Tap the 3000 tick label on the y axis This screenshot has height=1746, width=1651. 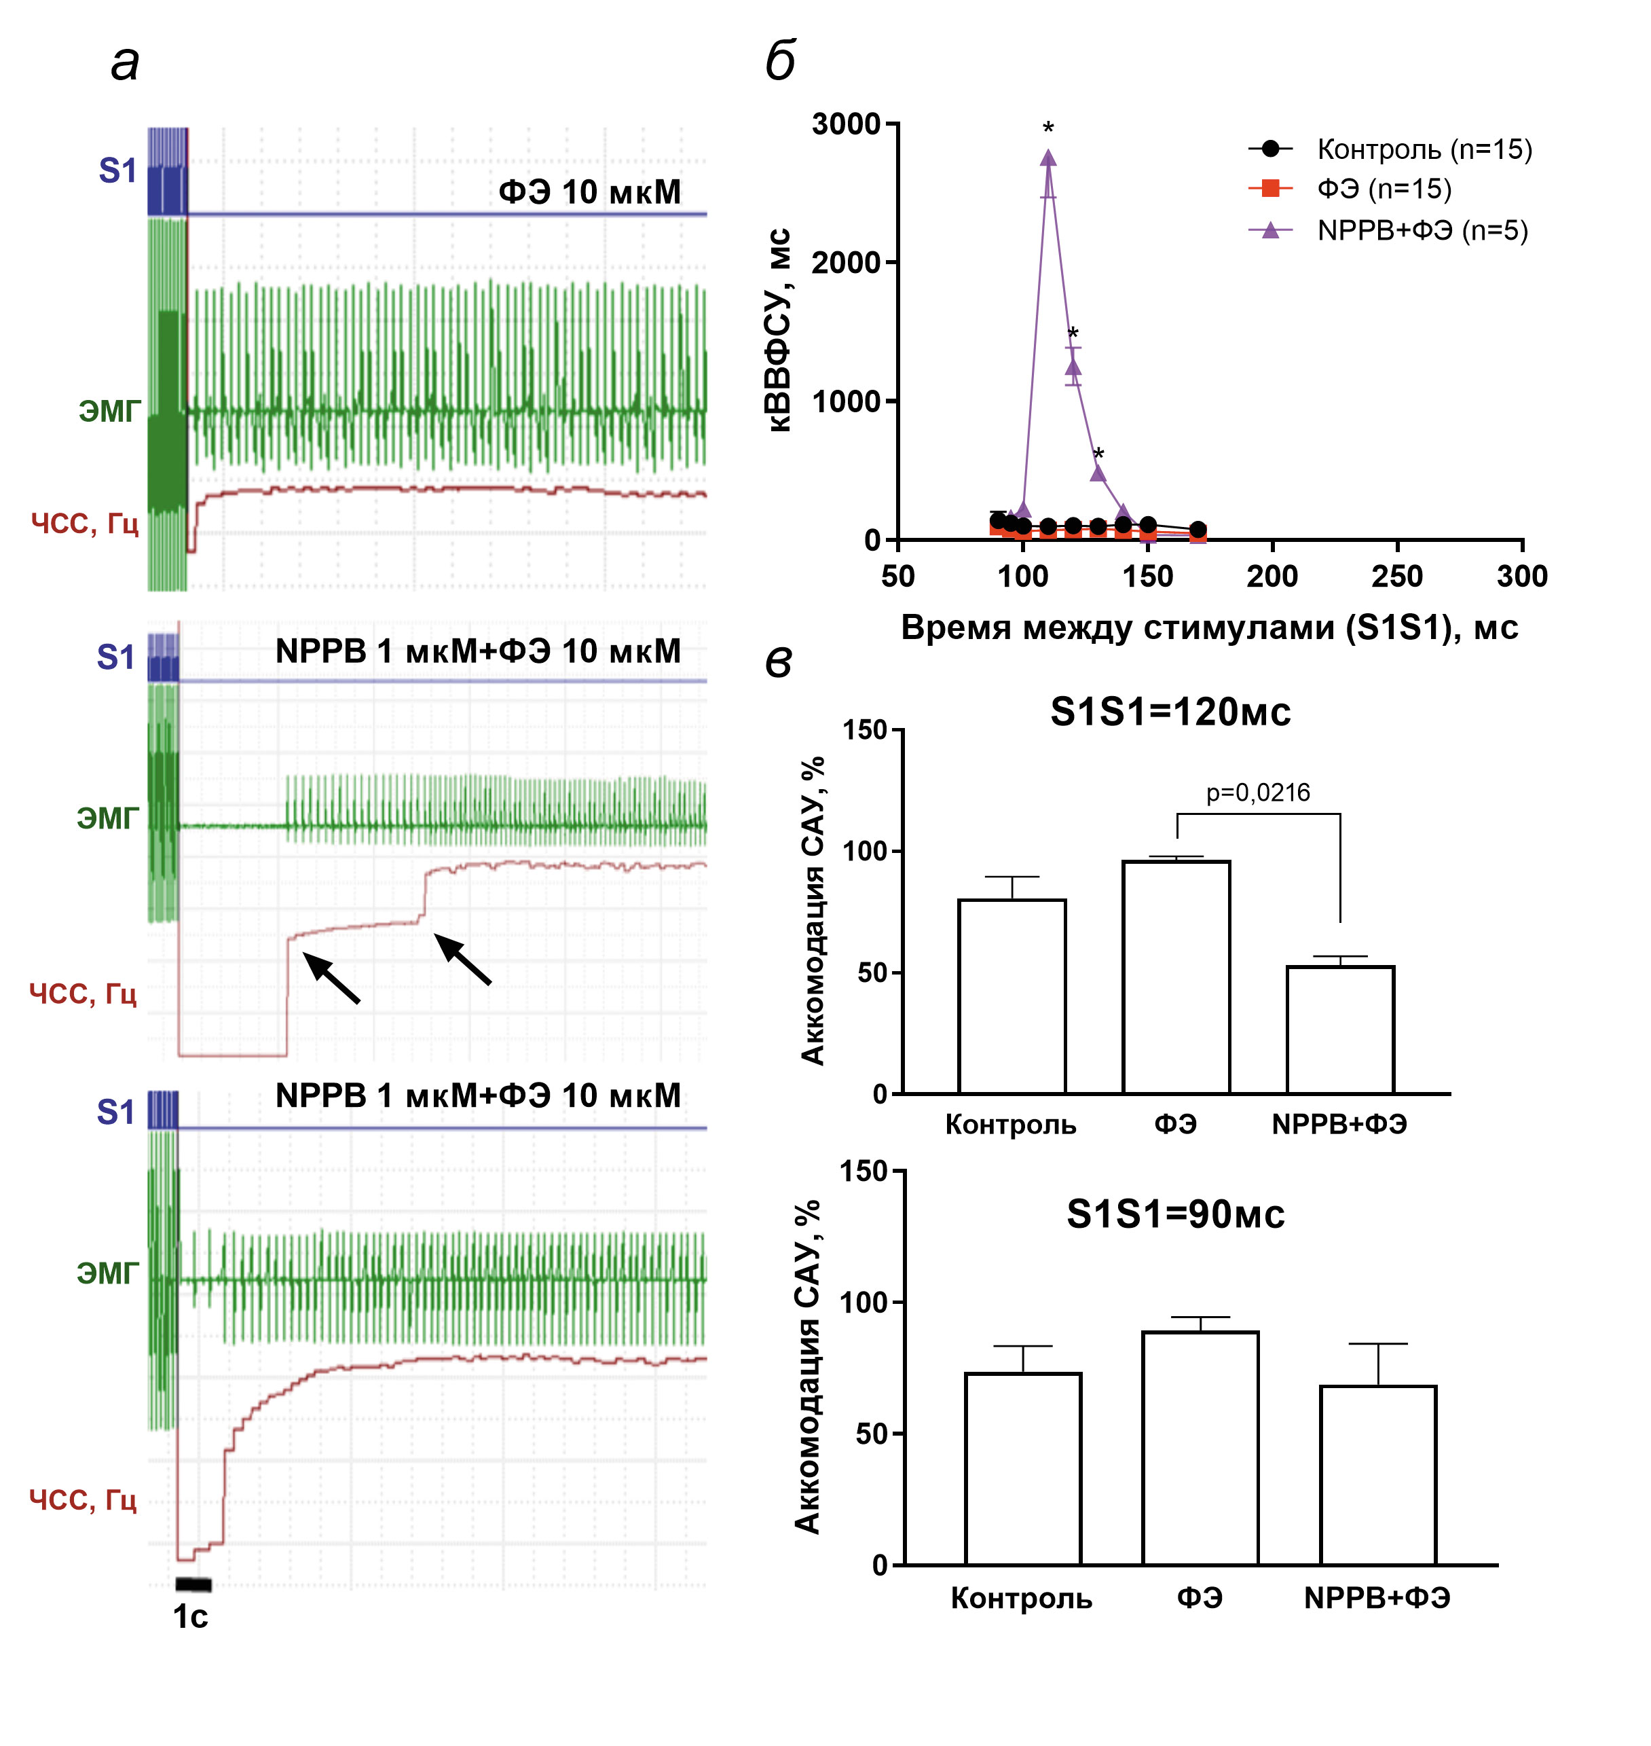[x=846, y=124]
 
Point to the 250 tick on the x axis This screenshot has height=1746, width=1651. [x=1396, y=577]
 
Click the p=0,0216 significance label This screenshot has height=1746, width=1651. [x=1258, y=793]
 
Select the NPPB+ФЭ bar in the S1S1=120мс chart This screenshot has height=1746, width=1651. [x=1339, y=1030]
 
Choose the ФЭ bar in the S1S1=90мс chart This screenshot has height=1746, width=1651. [x=1200, y=1449]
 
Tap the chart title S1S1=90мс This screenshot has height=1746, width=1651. [x=1175, y=1215]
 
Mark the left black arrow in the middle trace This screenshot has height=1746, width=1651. [x=332, y=978]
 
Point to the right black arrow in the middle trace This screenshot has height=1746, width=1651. [x=463, y=960]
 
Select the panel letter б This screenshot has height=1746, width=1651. [x=781, y=62]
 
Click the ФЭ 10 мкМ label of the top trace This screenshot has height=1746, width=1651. [x=590, y=192]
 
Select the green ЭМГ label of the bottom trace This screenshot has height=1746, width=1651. [x=107, y=1273]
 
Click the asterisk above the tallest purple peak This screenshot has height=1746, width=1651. [x=1048, y=128]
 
